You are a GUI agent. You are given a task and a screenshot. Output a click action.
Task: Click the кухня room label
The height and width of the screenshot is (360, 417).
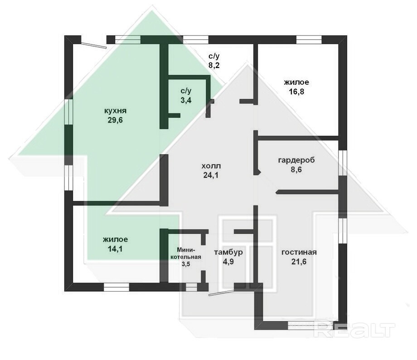pyautogui.click(x=115, y=111)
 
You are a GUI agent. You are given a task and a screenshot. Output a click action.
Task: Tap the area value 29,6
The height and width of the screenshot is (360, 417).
pyautogui.click(x=115, y=120)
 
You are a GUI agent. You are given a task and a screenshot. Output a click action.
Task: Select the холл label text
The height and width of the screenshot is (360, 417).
pyautogui.click(x=211, y=166)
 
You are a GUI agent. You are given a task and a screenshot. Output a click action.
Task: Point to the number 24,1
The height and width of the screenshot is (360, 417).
pyautogui.click(x=211, y=175)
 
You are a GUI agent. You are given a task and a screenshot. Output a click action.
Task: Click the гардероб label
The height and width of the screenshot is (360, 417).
pyautogui.click(x=296, y=161)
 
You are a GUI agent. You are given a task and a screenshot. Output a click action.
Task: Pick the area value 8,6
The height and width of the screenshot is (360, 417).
pyautogui.click(x=296, y=170)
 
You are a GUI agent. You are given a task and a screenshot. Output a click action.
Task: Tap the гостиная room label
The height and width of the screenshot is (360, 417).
pyautogui.click(x=299, y=252)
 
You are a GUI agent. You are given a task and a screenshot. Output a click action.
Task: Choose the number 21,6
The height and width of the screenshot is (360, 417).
pyautogui.click(x=299, y=262)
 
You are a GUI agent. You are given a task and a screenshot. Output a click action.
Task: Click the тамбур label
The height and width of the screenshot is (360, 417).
pyautogui.click(x=228, y=252)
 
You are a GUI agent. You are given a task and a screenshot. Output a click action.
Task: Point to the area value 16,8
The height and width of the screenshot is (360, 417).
pyautogui.click(x=296, y=92)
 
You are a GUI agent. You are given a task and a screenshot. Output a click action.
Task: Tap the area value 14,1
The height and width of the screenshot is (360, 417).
pyautogui.click(x=115, y=249)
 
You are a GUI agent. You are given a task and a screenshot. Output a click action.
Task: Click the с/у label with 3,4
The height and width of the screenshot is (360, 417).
pyautogui.click(x=186, y=91)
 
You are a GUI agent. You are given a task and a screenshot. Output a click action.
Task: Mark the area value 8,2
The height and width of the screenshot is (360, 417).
pyautogui.click(x=214, y=65)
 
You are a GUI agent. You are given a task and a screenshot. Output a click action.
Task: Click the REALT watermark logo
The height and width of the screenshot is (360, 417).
pyautogui.click(x=354, y=330)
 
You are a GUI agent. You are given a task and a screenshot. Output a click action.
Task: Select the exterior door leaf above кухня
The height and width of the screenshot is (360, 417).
pyautogui.click(x=94, y=44)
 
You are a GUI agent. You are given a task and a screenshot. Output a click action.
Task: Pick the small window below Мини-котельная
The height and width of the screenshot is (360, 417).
pyautogui.click(x=191, y=287)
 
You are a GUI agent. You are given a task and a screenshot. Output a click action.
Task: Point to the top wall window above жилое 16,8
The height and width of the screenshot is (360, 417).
pyautogui.click(x=309, y=39)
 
